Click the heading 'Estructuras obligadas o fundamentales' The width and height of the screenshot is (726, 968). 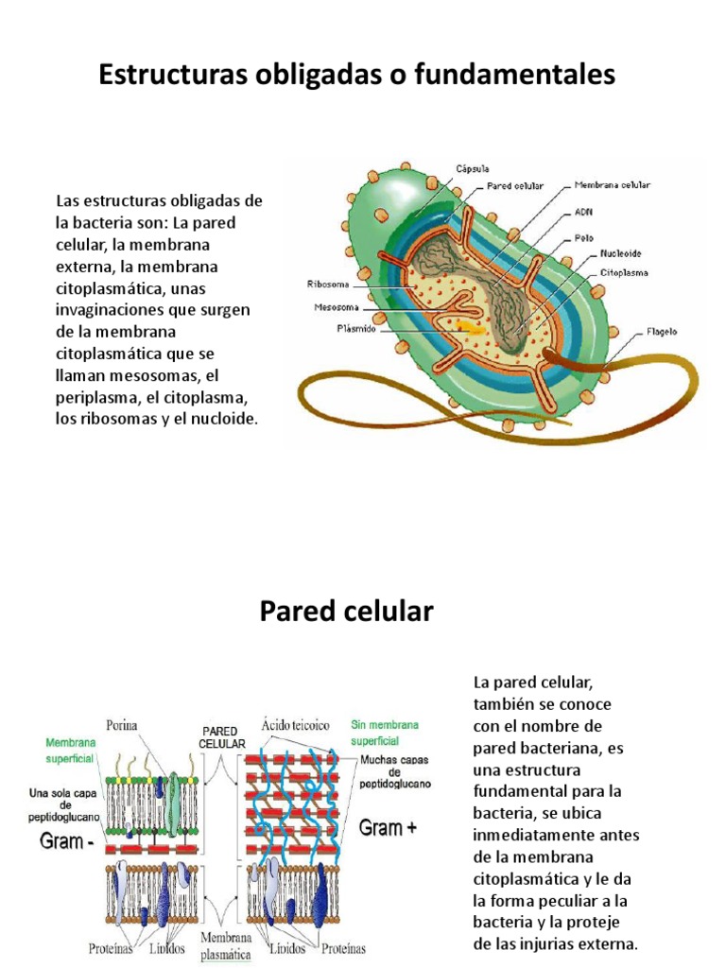(357, 74)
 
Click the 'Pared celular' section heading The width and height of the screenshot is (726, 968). (346, 612)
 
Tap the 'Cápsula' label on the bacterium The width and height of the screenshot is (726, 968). (473, 168)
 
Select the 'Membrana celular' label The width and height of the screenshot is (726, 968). (612, 185)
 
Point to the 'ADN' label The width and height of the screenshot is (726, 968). (583, 213)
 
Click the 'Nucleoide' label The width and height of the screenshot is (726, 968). (623, 254)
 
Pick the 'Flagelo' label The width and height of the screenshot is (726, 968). (662, 332)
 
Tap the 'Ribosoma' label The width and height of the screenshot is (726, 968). (328, 283)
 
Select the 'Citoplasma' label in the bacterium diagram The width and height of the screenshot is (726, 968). (624, 272)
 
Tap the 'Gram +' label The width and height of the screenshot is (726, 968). (387, 828)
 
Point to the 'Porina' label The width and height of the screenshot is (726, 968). (122, 726)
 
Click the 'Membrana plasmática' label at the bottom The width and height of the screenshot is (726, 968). (226, 945)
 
